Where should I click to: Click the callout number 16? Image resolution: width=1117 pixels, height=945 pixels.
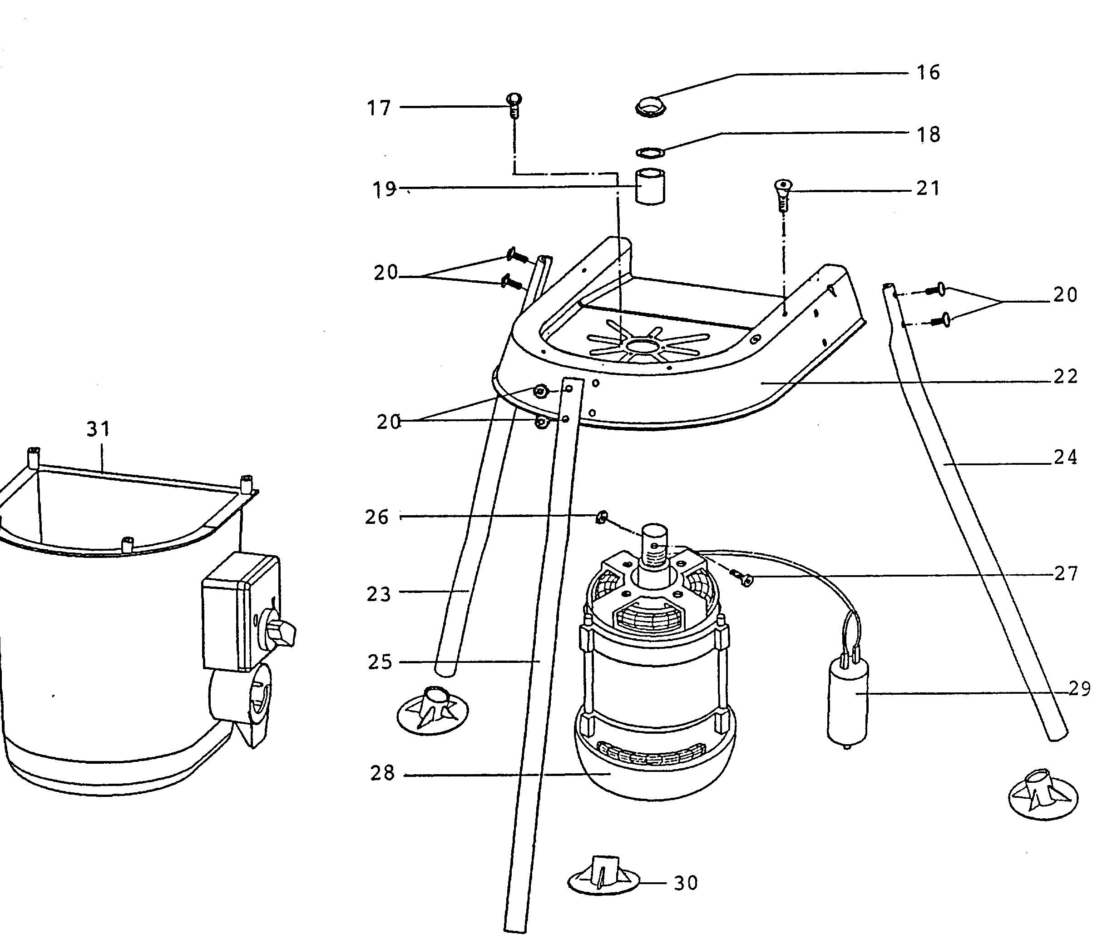928,73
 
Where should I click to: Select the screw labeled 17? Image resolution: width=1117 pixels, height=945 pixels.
514,105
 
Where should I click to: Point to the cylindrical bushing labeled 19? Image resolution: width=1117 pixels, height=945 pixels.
649,186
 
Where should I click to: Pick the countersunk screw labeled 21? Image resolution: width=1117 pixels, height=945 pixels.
783,194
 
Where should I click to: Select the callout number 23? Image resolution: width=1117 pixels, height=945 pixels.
379,594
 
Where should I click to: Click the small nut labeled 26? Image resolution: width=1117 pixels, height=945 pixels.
601,517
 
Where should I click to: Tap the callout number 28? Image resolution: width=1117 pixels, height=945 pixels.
382,773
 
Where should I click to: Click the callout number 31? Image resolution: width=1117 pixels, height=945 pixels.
99,429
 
